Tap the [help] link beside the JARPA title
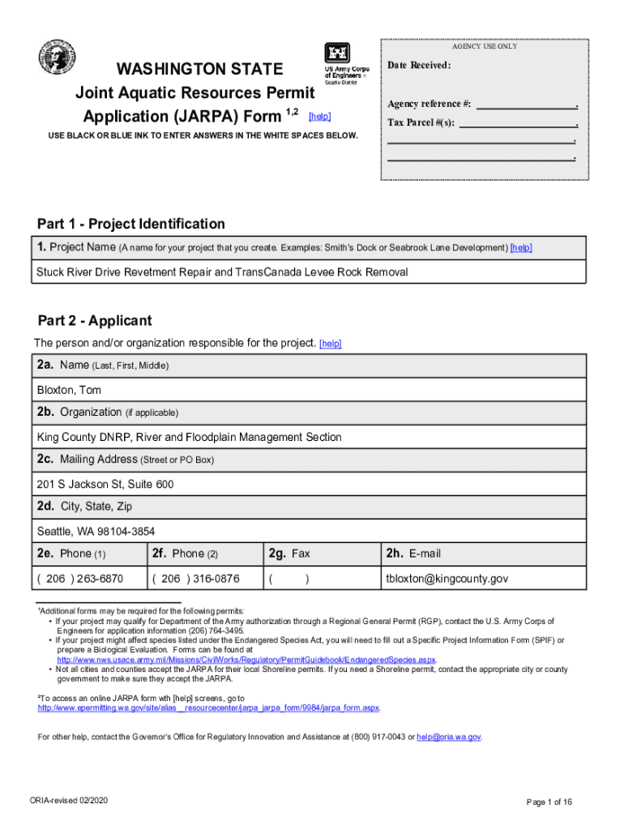[x=320, y=117]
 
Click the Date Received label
[x=419, y=65]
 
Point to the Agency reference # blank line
[x=526, y=105]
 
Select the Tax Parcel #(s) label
[x=421, y=123]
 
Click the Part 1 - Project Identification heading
[x=131, y=224]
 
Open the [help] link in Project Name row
[x=521, y=247]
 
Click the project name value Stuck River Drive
[x=222, y=272]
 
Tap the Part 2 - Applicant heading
[x=94, y=321]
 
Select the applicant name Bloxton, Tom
[x=70, y=390]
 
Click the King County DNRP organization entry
[x=189, y=437]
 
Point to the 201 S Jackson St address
[x=105, y=485]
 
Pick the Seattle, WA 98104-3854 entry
[x=96, y=532]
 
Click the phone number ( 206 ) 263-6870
[x=80, y=579]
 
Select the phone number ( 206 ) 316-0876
[x=195, y=579]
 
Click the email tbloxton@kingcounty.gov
[x=447, y=579]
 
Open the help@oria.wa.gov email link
[x=449, y=737]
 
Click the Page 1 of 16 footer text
[x=549, y=802]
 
